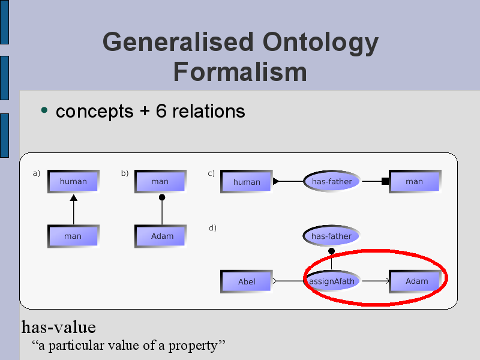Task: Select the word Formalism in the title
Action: (240, 72)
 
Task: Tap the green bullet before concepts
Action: (44, 110)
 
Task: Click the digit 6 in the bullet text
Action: (161, 111)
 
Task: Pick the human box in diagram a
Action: (73, 182)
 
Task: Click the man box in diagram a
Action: (73, 236)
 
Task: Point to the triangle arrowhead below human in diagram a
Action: (73, 198)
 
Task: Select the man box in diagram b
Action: (160, 182)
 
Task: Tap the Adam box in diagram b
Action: (160, 236)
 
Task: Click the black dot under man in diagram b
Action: (162, 197)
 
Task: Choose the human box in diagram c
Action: (247, 182)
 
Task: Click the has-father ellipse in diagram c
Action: (332, 181)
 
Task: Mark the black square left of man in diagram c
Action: (385, 181)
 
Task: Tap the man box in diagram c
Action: (415, 182)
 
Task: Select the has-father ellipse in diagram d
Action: (332, 236)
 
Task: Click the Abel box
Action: (247, 281)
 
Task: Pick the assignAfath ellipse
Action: (332, 281)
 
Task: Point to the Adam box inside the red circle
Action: (415, 281)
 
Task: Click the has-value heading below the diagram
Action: (58, 327)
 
